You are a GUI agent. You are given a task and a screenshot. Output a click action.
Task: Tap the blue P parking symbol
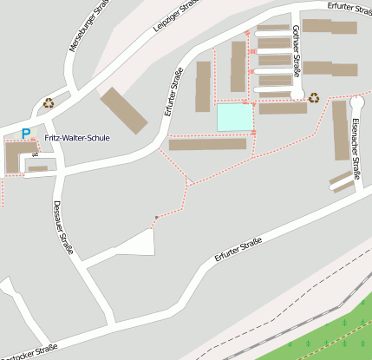pyautogui.click(x=26, y=134)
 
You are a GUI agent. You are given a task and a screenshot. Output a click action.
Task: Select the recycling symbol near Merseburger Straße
pyautogui.click(x=49, y=102)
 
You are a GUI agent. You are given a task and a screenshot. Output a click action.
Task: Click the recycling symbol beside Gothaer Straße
pyautogui.click(x=314, y=98)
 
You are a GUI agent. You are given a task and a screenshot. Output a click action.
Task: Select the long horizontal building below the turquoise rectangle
pyautogui.click(x=207, y=144)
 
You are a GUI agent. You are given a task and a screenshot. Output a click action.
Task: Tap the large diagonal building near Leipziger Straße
pyautogui.click(x=125, y=110)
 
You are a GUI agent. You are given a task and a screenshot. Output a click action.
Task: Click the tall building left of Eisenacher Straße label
pyautogui.click(x=340, y=130)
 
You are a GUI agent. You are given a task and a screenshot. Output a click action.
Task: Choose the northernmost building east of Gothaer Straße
pyautogui.click(x=329, y=27)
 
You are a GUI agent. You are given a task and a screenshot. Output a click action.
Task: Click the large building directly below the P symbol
pyautogui.click(x=16, y=156)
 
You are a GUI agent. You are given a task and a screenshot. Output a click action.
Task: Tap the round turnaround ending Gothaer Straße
pyautogui.click(x=297, y=94)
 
